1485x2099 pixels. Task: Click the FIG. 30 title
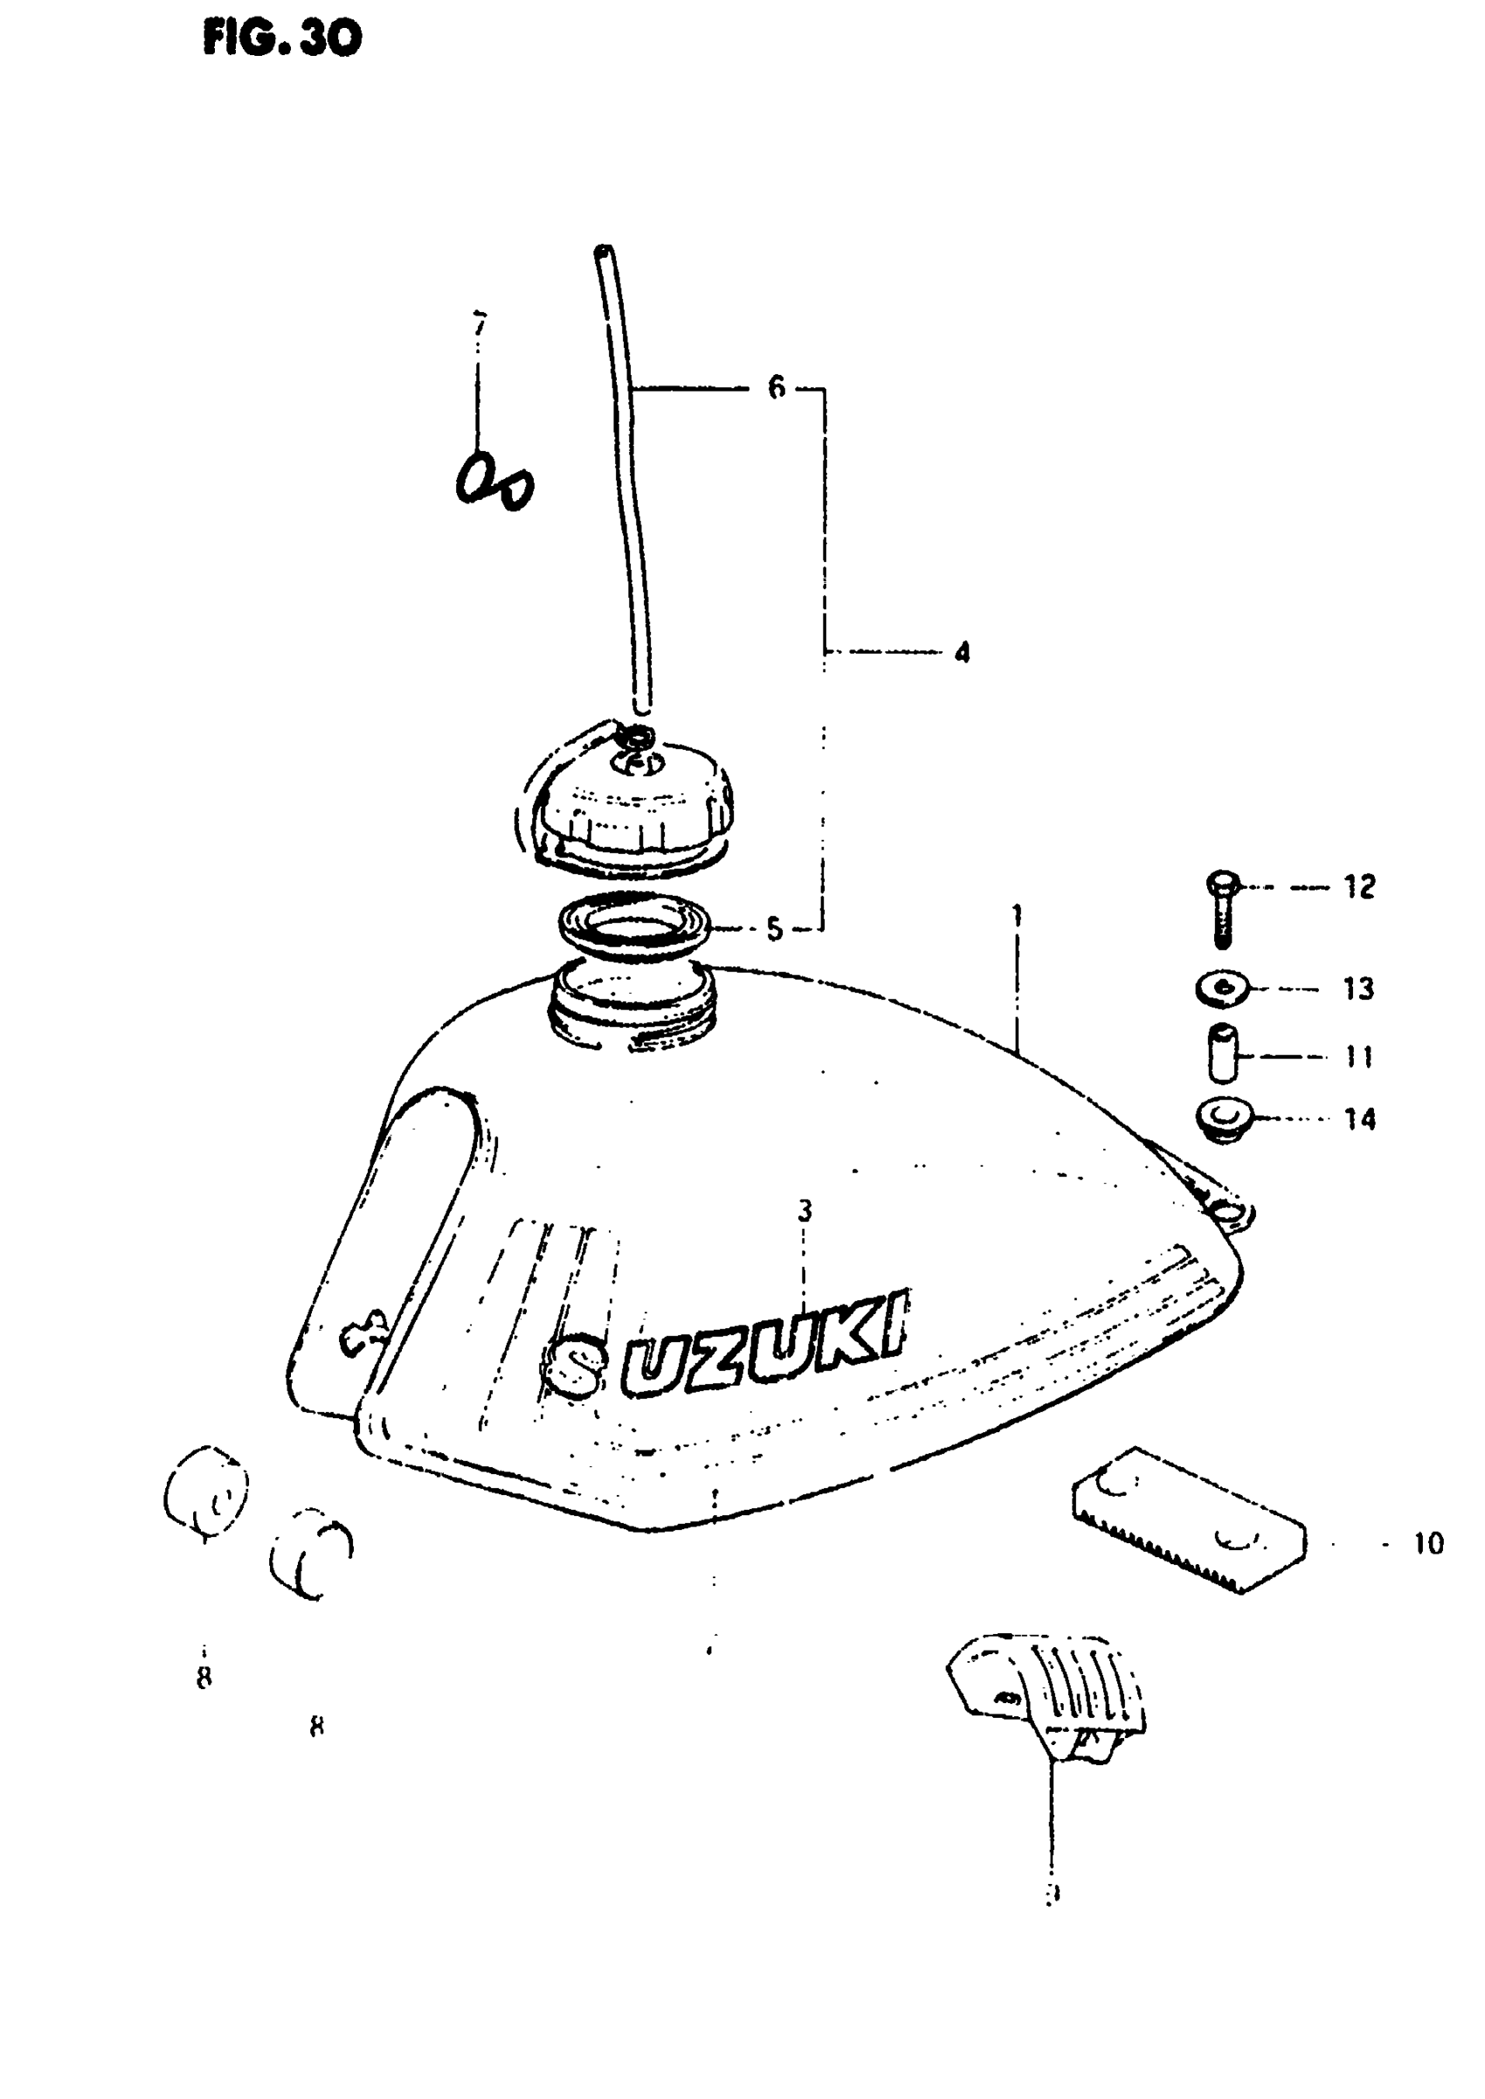282,38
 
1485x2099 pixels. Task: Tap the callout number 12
1359,886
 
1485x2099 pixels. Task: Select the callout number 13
1359,988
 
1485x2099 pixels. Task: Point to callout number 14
1360,1119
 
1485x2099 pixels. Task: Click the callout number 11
1360,1057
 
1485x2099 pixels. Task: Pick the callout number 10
1428,1544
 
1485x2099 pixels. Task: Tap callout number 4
961,652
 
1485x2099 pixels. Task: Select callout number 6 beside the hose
777,388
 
